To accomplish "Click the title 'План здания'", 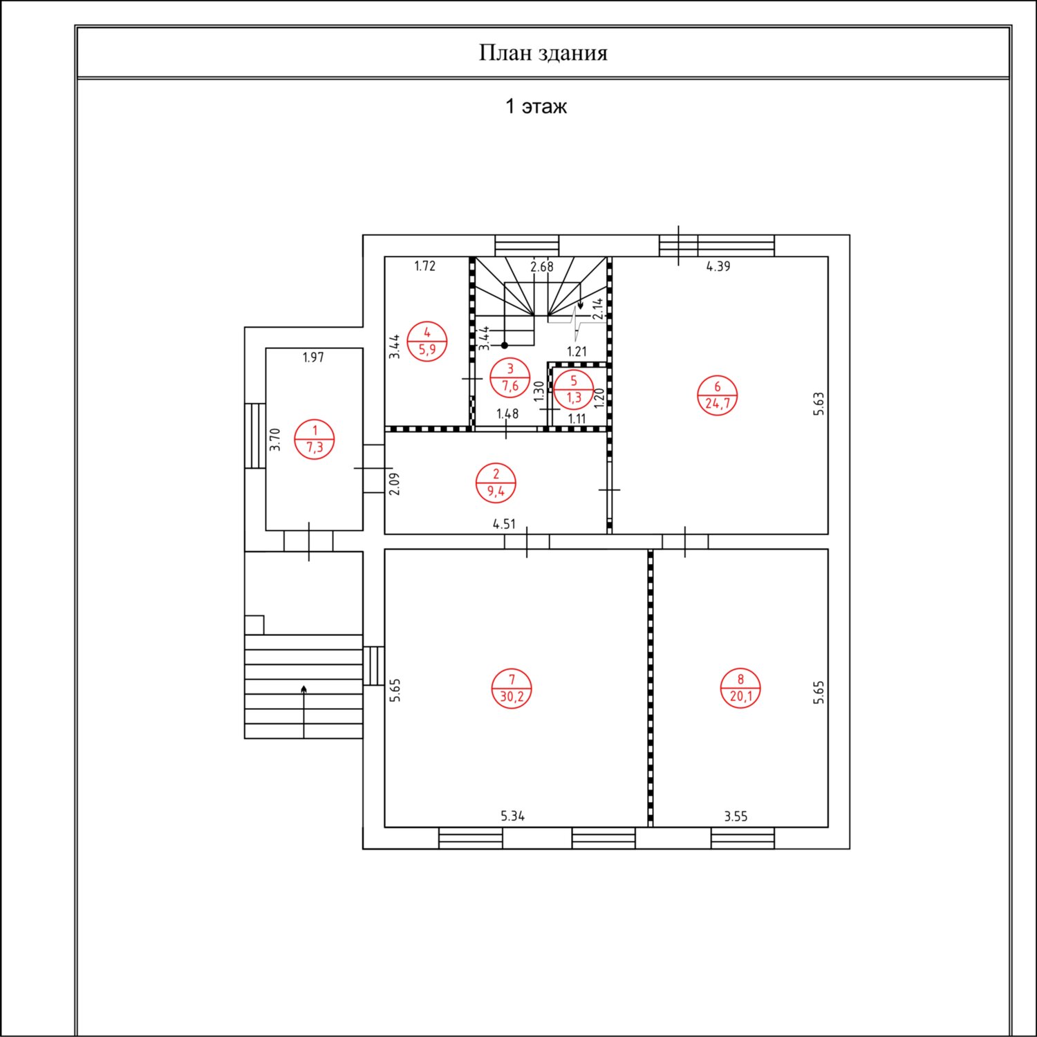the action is click(x=543, y=53).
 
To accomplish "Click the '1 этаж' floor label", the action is click(x=536, y=106).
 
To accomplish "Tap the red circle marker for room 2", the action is click(x=496, y=483).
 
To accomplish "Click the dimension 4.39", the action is click(x=718, y=266).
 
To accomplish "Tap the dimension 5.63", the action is click(x=819, y=404).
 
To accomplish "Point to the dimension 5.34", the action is click(x=512, y=816).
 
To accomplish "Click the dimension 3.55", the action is click(x=736, y=816).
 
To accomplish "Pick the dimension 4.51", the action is click(x=504, y=524).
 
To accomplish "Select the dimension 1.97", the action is click(x=313, y=357).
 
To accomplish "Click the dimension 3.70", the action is click(x=275, y=440).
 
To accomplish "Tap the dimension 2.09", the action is click(x=394, y=484).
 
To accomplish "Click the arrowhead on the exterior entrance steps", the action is click(x=303, y=689).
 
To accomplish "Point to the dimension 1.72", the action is click(x=424, y=266).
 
